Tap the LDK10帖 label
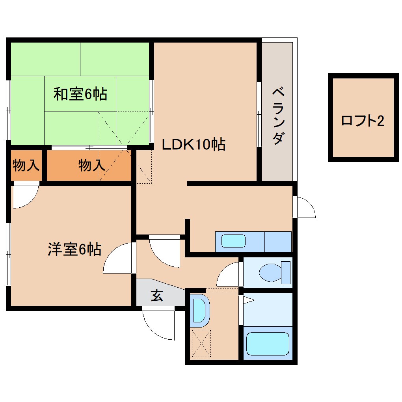click(194, 145)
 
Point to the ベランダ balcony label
click(278, 117)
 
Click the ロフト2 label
click(362, 121)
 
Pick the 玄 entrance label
click(157, 296)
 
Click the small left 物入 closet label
click(26, 165)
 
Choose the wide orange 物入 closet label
click(91, 165)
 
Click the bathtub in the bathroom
click(268, 343)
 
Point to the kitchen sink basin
click(233, 241)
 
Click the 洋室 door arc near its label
click(118, 258)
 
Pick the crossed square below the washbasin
click(201, 344)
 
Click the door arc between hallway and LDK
click(165, 252)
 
